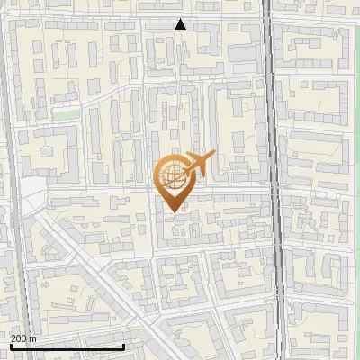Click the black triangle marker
coord(181,24)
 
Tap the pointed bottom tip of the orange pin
coord(172,211)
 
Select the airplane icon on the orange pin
coord(197,165)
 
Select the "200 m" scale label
coord(23,338)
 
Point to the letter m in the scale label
coord(33,338)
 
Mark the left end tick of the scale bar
coord(11,345)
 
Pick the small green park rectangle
coord(63,114)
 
